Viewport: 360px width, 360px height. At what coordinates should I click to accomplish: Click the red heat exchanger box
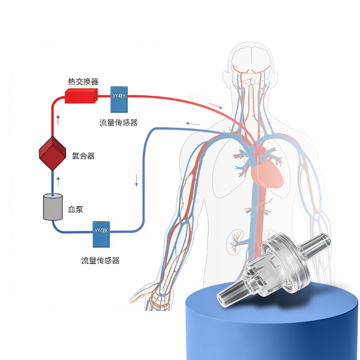(81, 96)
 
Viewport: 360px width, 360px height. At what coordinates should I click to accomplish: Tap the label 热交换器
(83, 82)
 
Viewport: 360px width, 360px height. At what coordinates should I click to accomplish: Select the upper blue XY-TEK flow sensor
(119, 99)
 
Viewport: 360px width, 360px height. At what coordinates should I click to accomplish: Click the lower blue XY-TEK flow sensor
(101, 234)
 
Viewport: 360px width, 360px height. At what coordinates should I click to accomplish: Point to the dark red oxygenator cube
(53, 154)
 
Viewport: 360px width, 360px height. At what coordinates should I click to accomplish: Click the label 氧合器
(83, 156)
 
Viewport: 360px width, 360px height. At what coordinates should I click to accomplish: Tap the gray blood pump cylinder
(53, 207)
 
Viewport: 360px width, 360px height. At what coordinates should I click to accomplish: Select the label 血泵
(75, 209)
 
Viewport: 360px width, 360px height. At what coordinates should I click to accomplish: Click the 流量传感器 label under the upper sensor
(119, 122)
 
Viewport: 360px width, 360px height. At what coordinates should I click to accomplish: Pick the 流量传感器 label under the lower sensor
(100, 261)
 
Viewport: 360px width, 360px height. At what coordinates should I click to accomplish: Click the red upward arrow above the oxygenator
(58, 120)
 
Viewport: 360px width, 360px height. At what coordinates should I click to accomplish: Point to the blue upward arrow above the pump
(58, 181)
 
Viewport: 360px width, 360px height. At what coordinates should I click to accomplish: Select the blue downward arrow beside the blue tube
(136, 180)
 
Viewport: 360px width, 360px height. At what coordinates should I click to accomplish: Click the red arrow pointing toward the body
(216, 106)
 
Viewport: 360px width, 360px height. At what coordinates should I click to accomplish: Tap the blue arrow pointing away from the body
(193, 124)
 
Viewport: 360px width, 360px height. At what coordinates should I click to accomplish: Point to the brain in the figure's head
(252, 59)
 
